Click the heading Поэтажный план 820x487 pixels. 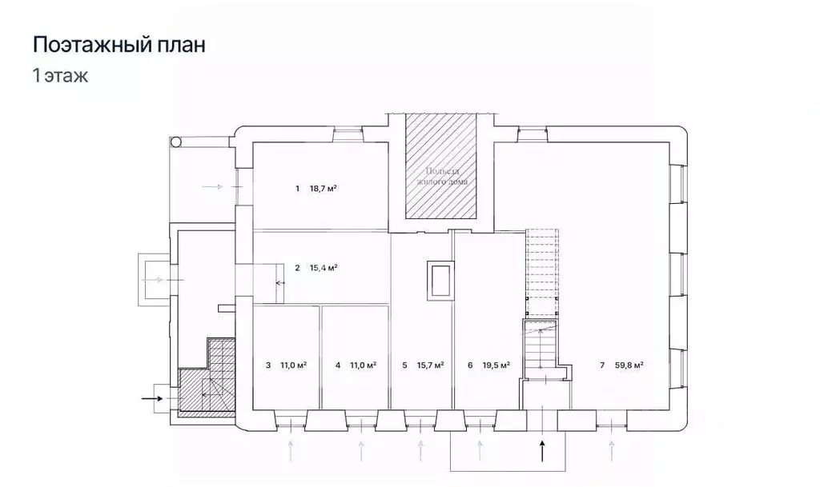(x=119, y=45)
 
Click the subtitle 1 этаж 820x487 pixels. (x=60, y=77)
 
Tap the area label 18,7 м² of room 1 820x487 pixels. (x=323, y=189)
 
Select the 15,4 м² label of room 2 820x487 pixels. (x=323, y=268)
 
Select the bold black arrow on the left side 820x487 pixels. (x=151, y=396)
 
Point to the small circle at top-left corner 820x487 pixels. (x=176, y=142)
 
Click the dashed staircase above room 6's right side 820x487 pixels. (x=541, y=272)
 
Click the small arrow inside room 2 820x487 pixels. (x=280, y=282)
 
